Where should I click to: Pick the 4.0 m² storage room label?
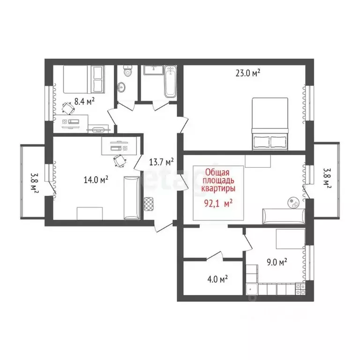coord(217,279)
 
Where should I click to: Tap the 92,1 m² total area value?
coord(218,203)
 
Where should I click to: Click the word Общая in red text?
coord(218,172)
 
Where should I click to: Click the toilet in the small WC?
coord(127,72)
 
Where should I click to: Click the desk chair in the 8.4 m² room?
coord(68,108)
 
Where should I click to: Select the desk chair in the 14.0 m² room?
coord(120,161)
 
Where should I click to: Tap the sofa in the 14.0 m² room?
coord(132,197)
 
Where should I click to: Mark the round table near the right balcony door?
coord(294,202)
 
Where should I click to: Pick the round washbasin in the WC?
coord(122,87)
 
